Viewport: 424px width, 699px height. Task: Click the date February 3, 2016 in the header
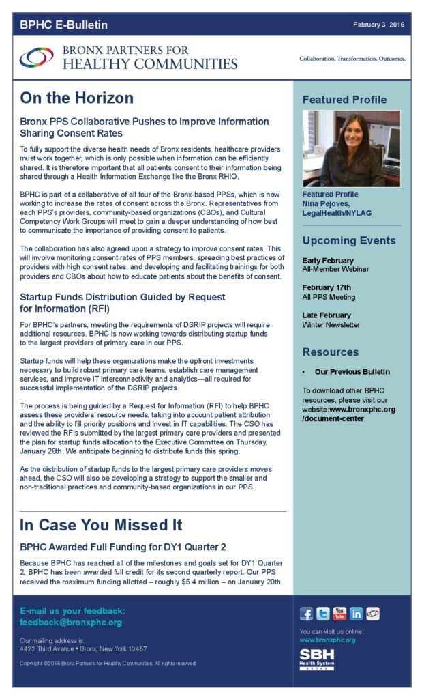click(379, 25)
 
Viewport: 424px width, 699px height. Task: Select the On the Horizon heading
click(76, 98)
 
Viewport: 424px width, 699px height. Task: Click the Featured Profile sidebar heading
click(344, 100)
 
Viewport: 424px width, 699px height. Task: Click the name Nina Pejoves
click(326, 203)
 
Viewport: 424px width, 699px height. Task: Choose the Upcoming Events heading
click(348, 240)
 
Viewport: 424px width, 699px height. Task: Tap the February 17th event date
click(326, 288)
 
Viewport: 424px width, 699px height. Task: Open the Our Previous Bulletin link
click(352, 372)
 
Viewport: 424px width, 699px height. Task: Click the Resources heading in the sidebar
click(330, 352)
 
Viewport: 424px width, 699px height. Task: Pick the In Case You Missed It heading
click(101, 525)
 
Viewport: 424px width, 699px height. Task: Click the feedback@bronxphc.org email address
click(71, 623)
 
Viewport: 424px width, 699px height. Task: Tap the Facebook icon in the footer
click(307, 614)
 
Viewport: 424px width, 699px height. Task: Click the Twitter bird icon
click(323, 614)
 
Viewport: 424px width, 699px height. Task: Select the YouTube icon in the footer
click(339, 614)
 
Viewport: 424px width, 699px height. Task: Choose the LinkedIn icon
click(356, 614)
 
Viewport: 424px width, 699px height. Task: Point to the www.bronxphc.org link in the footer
click(327, 640)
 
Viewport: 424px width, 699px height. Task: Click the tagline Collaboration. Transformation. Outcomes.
click(352, 59)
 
